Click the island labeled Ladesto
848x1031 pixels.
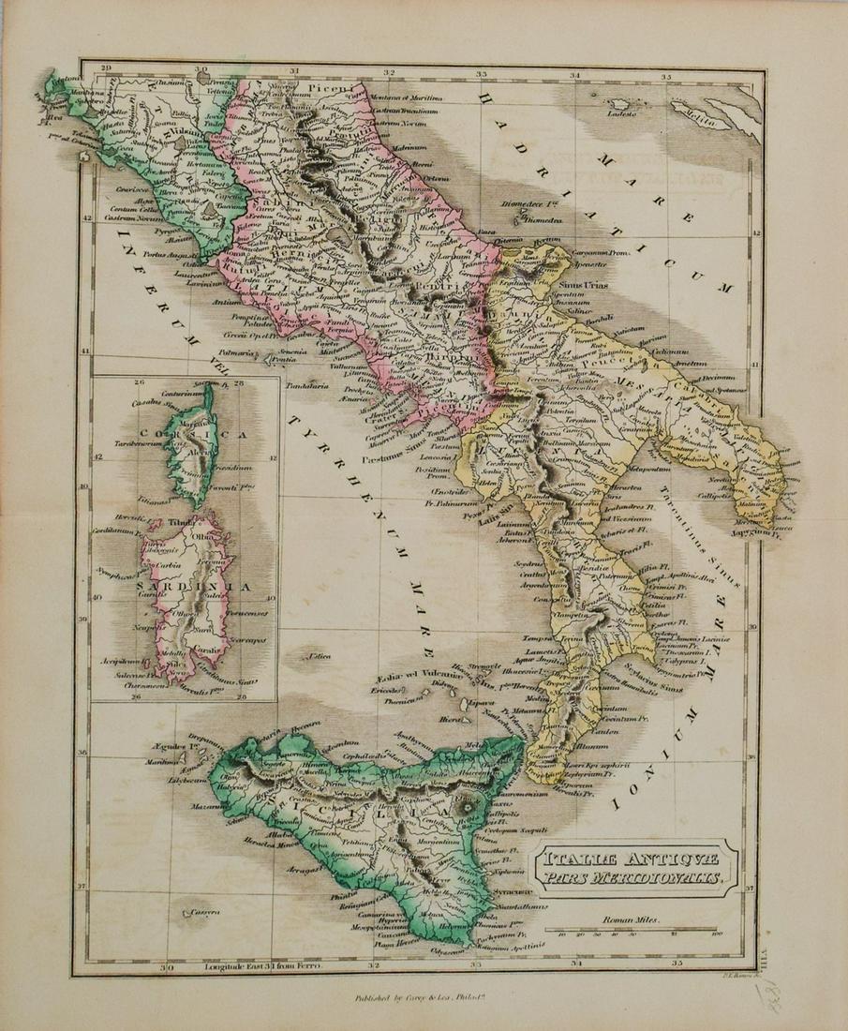[597, 113]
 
